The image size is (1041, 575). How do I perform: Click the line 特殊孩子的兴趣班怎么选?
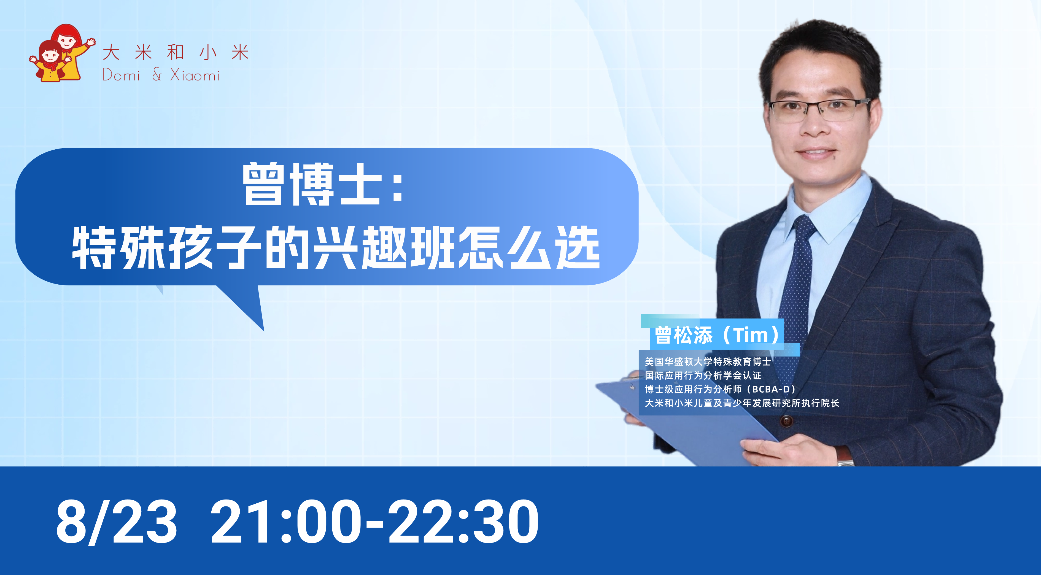tap(335, 247)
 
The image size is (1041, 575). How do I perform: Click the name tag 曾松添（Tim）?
tap(717, 335)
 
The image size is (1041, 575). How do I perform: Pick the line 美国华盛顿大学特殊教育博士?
tap(708, 362)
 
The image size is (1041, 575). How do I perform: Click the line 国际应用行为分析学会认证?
tap(703, 375)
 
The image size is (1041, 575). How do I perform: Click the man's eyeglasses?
tap(818, 109)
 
